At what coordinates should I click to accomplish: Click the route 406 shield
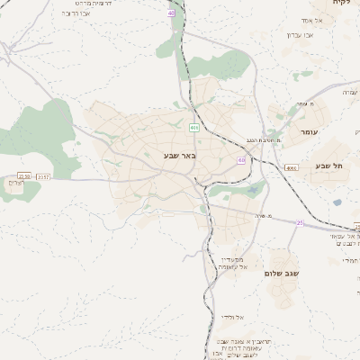193,128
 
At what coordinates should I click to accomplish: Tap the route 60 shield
241,159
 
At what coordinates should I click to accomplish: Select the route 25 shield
300,222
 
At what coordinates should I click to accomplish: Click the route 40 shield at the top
171,13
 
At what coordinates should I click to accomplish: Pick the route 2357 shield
43,177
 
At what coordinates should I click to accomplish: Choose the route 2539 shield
23,176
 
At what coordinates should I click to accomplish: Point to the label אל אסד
310,20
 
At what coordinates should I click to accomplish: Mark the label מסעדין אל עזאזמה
239,263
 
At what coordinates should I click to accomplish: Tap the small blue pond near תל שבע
337,202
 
